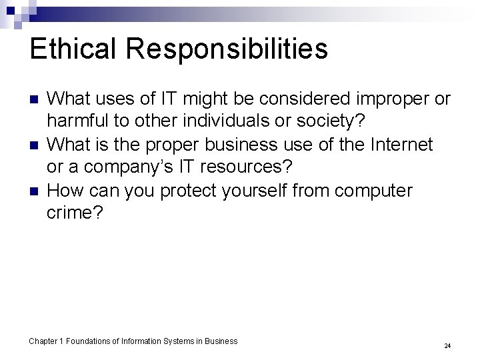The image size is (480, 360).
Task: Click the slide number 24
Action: [x=447, y=346]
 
